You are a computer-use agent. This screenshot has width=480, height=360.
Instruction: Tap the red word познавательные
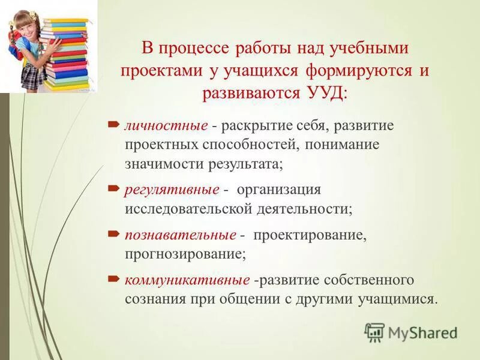click(180, 235)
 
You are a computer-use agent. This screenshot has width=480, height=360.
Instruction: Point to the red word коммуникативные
click(187, 280)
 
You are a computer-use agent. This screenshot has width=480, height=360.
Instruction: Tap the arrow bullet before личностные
click(114, 125)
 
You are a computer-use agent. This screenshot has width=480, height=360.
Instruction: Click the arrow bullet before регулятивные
click(114, 188)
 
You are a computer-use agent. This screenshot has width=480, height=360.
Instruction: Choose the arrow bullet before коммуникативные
click(114, 278)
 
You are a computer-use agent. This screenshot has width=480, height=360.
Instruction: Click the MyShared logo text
click(422, 332)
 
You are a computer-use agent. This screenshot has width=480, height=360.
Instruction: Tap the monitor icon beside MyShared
click(374, 332)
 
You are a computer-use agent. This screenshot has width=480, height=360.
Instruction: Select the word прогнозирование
click(184, 254)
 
